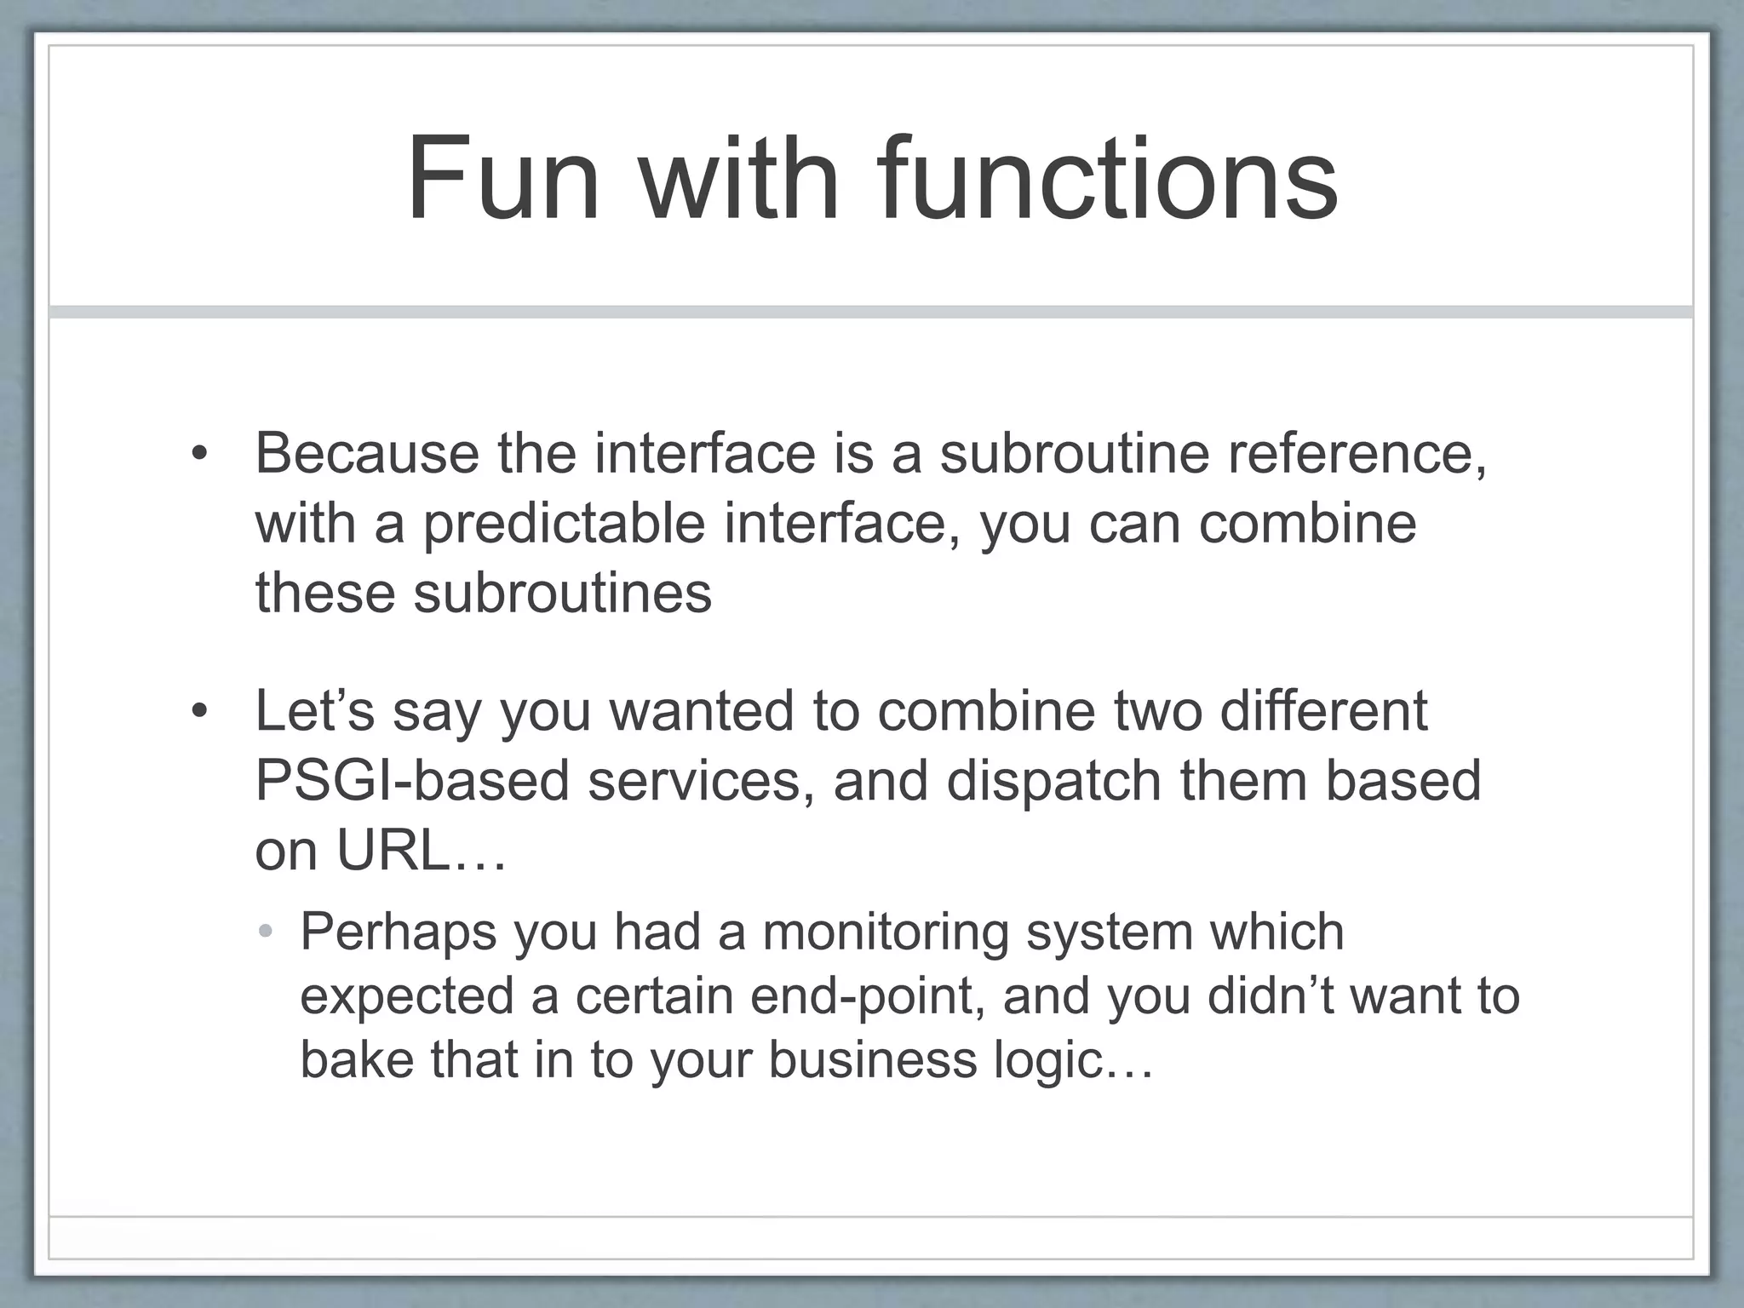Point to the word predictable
(x=565, y=524)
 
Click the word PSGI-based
(x=411, y=781)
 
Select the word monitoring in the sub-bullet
(x=886, y=932)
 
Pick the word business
(x=872, y=1060)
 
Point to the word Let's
(x=314, y=711)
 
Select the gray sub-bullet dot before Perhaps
(x=266, y=932)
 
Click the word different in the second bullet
(x=1323, y=711)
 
